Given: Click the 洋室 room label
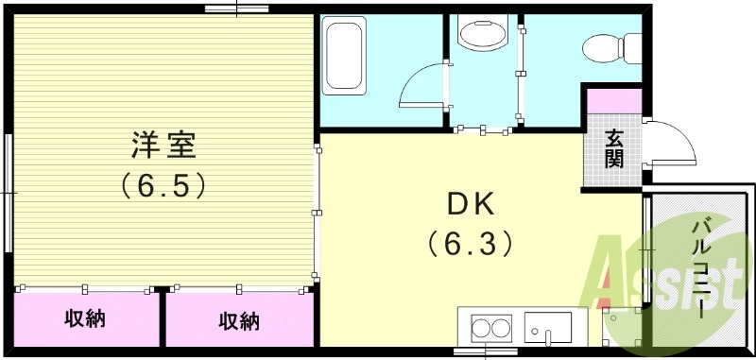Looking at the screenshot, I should pos(163,146).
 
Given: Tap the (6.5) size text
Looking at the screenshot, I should pos(163,184).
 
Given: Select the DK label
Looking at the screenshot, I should pos(470,205).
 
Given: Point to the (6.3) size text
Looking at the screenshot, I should pos(470,244).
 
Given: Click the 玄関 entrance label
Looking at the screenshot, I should pos(614,148).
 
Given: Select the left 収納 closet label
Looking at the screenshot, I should pos(85,319).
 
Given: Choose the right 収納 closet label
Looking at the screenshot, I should pos(239,321).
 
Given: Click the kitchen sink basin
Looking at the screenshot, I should pos(548,330).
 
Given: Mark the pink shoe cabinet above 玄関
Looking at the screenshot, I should pos(613,99).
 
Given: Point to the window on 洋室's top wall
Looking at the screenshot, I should pos(235,9).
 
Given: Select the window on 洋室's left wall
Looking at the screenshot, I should pos(8,193).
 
